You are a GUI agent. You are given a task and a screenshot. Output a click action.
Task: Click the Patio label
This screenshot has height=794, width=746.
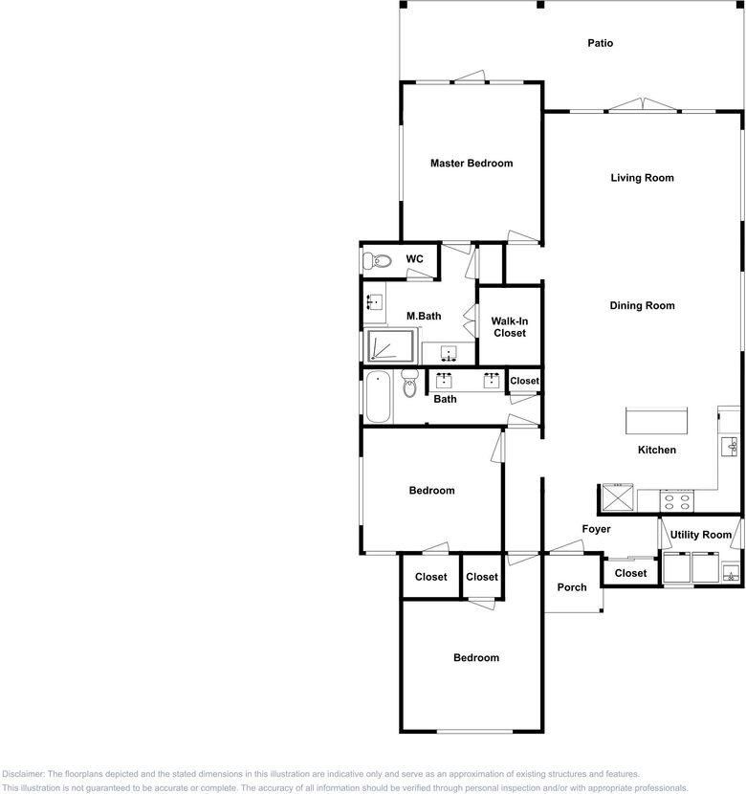[601, 43]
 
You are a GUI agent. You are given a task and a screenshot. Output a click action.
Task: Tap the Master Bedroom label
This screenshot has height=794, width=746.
[472, 163]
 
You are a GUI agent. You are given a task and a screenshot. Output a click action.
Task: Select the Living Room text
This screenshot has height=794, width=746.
[642, 178]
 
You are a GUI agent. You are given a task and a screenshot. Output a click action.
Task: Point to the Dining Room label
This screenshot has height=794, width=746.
[642, 305]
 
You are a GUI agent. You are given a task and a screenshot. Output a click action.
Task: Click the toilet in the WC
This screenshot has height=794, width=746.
[377, 261]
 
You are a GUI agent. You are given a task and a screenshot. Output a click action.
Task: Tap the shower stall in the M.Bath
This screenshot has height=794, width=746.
[390, 346]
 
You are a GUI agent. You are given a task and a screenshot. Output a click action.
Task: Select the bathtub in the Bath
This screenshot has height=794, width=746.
[378, 396]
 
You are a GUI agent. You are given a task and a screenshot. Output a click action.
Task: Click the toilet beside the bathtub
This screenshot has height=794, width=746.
[409, 384]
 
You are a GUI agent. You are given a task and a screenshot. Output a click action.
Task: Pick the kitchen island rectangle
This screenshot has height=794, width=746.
[656, 421]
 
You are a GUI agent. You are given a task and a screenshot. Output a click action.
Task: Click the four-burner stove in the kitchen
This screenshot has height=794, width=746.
[677, 501]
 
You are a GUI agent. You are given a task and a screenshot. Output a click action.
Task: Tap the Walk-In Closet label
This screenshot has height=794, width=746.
[510, 327]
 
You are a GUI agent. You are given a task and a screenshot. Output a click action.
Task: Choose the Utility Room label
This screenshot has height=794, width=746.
[700, 535]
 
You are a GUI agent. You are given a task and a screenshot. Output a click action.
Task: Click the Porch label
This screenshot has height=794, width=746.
[572, 587]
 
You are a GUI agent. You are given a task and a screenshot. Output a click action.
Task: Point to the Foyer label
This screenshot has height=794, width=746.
[596, 529]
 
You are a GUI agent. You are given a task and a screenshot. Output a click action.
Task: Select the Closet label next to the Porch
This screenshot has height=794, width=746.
[630, 573]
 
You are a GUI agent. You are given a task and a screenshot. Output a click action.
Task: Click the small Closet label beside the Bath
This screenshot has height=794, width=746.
[524, 381]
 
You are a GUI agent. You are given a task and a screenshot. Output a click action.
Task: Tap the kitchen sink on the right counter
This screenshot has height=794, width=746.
[730, 447]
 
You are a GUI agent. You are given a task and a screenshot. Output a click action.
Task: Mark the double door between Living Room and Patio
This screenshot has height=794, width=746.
[643, 105]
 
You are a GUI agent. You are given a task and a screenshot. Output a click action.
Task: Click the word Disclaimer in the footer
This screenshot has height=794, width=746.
[24, 774]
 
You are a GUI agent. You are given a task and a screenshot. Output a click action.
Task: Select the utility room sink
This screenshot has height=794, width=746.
[731, 574]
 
